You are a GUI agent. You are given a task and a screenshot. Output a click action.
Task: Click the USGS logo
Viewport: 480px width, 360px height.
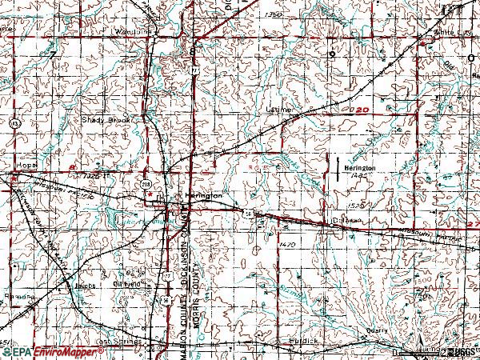point(460,351)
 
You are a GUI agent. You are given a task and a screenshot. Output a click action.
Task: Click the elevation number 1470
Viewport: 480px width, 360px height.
point(288,243)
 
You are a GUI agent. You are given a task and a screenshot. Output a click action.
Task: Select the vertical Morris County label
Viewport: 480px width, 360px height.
point(203,304)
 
